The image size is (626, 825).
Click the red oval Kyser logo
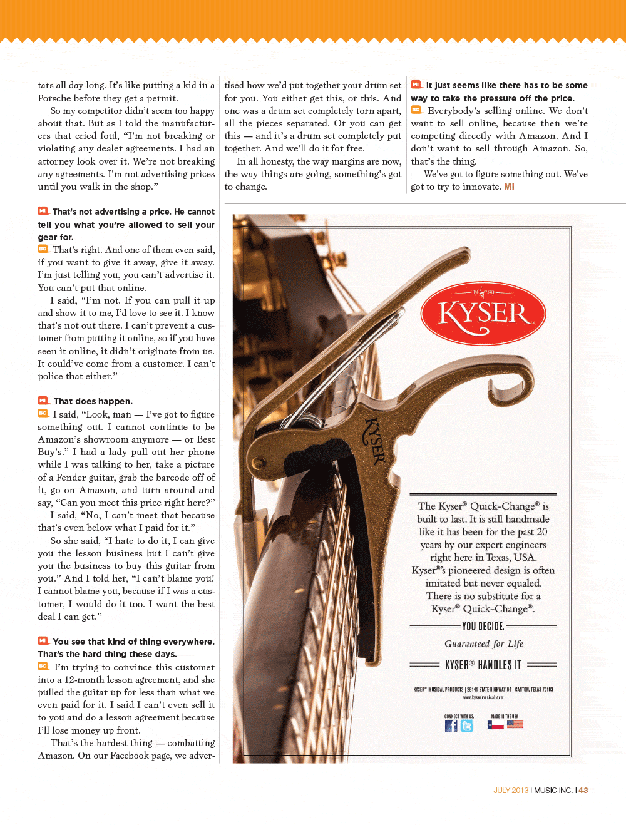coord(483,313)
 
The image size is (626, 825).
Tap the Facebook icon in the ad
coord(451,725)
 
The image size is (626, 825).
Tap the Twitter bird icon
coord(467,725)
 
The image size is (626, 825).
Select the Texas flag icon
coord(496,725)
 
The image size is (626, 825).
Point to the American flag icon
coord(515,725)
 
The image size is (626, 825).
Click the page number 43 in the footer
coord(583,791)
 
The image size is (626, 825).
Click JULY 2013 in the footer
coord(511,791)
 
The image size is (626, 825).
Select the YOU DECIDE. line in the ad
coord(483,626)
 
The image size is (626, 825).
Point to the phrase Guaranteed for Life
coord(483,643)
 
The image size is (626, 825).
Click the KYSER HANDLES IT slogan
coord(483,665)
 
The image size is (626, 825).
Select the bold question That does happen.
coord(93,401)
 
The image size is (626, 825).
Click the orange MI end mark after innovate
coord(509,187)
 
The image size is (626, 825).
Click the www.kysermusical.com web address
coord(483,697)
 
